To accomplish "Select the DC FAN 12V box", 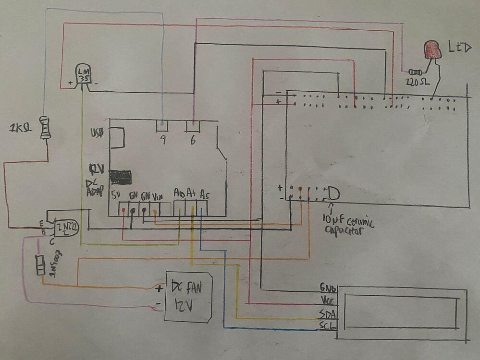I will [188, 296].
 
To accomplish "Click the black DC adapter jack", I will [120, 177].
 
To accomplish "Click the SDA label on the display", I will [328, 315].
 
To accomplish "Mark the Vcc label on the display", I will [328, 301].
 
